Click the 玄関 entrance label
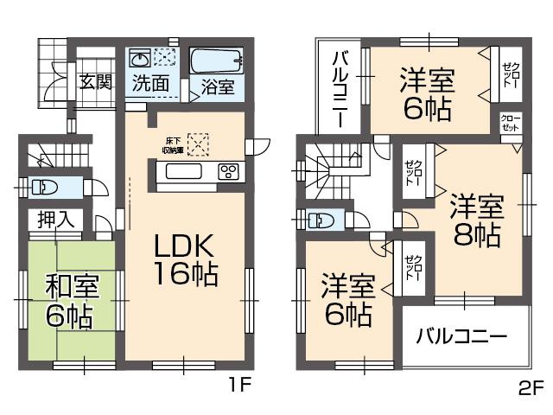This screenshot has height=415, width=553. [95, 83]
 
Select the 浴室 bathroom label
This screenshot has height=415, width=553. [217, 86]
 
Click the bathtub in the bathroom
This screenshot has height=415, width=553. [217, 62]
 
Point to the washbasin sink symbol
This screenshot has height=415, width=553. [140, 60]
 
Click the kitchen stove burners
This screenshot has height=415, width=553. [230, 170]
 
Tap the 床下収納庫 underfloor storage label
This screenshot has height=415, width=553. [172, 144]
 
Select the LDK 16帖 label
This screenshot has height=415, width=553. [185, 259]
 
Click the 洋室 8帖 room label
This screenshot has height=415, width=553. [475, 220]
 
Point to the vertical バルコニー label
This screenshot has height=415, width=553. [341, 89]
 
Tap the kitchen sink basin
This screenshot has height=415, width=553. [182, 171]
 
